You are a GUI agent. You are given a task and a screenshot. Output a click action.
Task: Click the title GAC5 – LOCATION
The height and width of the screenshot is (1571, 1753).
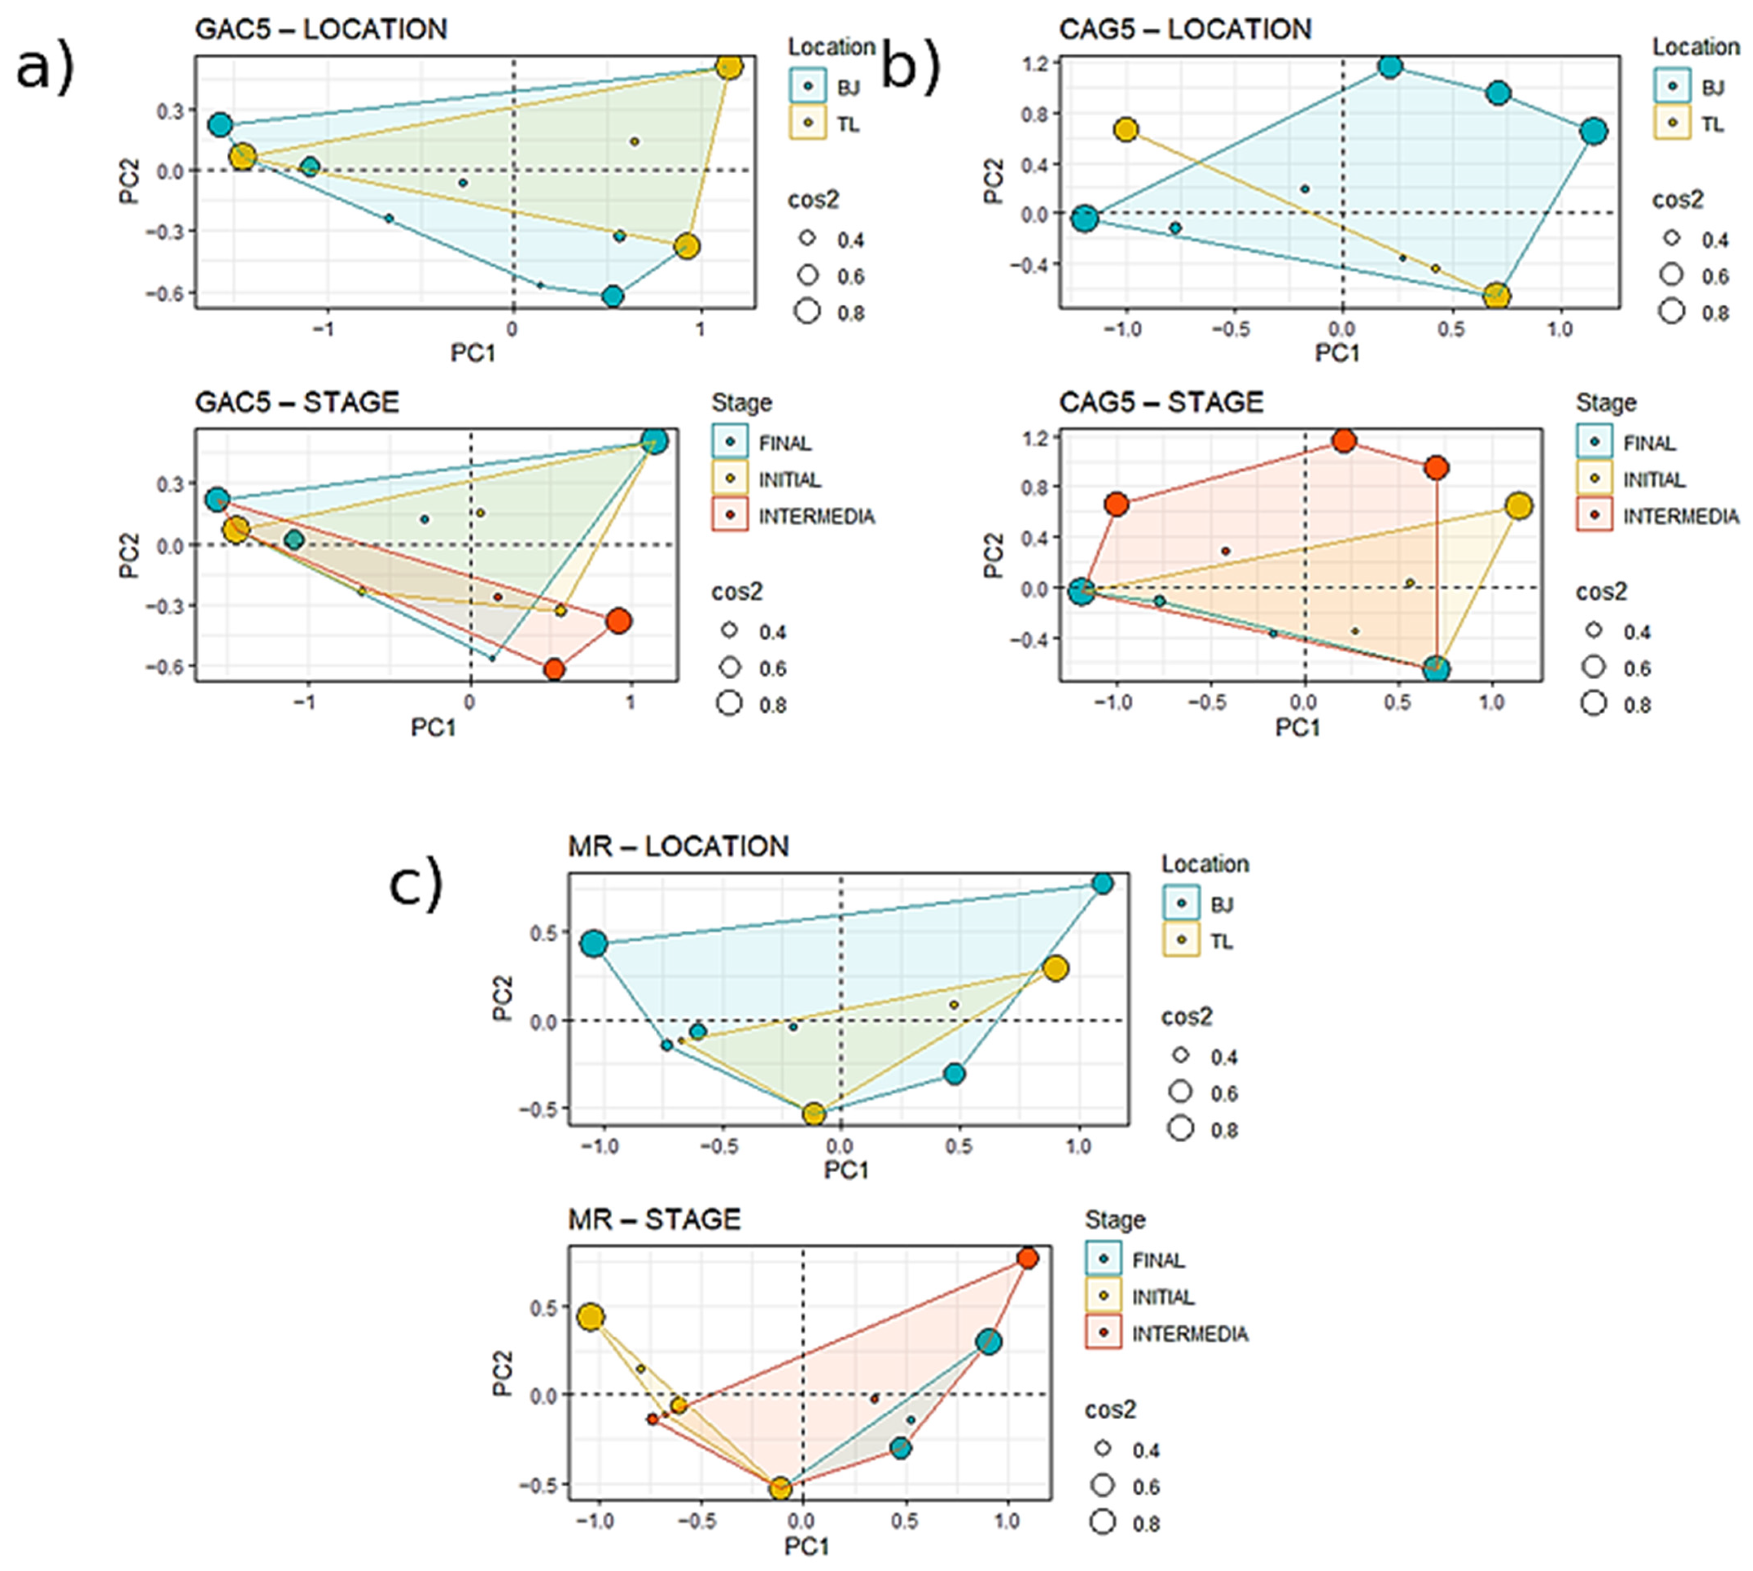(x=321, y=29)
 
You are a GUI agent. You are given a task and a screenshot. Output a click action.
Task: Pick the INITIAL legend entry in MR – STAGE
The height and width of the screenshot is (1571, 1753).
(x=1140, y=1296)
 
